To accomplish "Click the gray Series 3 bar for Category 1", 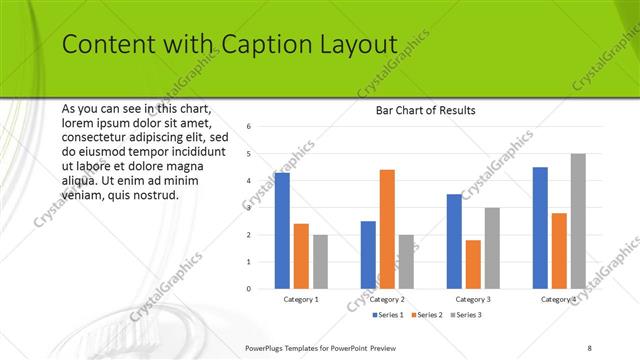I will pos(320,262).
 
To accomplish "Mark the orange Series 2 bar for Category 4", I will pos(559,251).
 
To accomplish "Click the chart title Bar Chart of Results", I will pos(425,110).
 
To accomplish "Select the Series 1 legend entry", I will pos(387,315).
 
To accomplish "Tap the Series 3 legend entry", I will pos(465,315).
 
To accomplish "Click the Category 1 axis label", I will pos(301,299).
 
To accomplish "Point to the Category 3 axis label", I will pos(473,299).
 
